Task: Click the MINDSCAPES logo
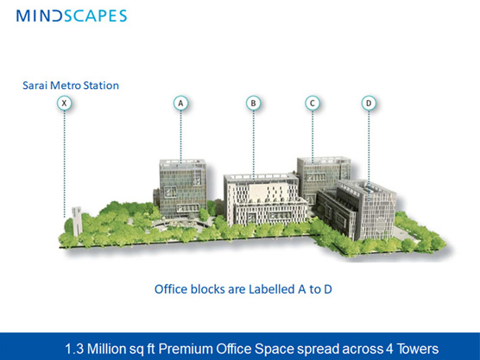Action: [72, 16]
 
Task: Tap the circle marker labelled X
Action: [64, 103]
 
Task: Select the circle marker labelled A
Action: [180, 103]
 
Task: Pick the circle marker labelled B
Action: [254, 103]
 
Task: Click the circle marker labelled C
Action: [313, 103]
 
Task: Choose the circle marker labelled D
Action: [369, 103]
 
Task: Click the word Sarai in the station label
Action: [35, 85]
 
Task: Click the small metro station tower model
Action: [77, 221]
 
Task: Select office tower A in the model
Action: [182, 188]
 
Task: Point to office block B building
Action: [265, 199]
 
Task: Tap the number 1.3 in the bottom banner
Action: [73, 349]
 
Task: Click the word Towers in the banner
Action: [418, 349]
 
